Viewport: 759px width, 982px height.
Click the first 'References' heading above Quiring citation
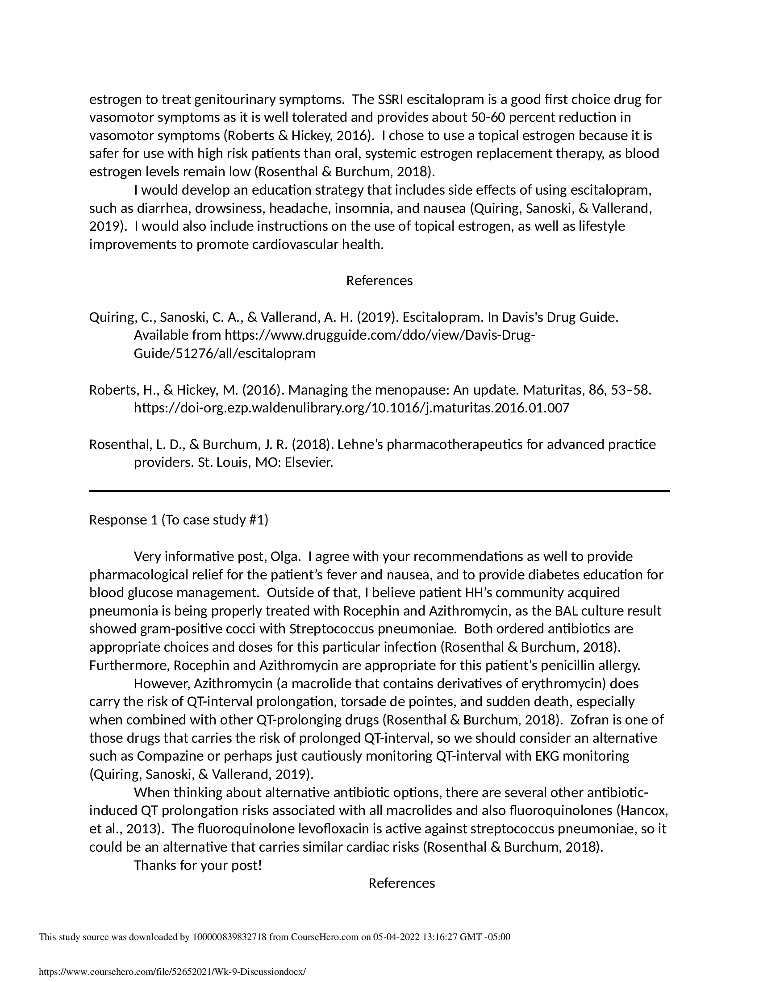tap(379, 281)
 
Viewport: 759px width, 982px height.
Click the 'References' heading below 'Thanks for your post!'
tap(401, 883)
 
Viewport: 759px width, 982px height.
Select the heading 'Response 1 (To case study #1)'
tap(179, 520)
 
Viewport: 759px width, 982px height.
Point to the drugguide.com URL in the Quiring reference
tap(334, 345)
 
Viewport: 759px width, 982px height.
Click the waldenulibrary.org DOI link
tap(352, 408)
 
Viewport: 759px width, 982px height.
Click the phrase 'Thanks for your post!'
tap(198, 865)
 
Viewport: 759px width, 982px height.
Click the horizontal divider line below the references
tap(379, 491)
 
